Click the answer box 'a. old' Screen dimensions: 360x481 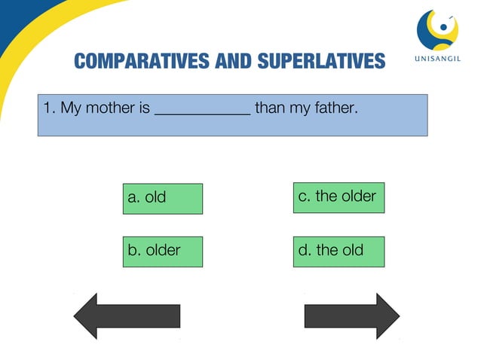coord(162,198)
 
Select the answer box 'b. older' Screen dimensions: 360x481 coord(162,251)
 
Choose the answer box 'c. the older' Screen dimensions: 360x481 coord(339,197)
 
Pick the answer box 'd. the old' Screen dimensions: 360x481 coord(339,251)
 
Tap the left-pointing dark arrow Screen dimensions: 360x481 coord(127,316)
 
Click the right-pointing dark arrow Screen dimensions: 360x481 coord(351,316)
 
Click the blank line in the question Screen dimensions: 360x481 coord(202,110)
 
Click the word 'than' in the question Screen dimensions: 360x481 coord(271,108)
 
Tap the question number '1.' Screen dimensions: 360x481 coord(50,108)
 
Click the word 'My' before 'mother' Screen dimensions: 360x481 coord(71,108)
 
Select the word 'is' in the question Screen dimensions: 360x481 coord(145,108)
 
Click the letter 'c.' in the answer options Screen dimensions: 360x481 coord(305,197)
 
